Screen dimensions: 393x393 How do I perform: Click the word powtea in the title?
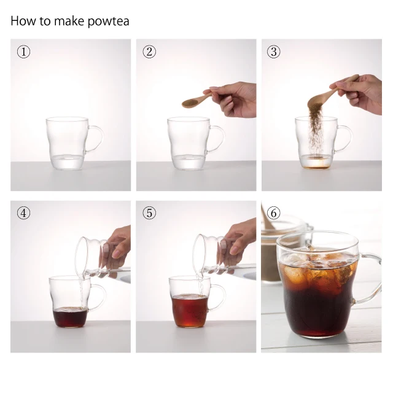tap(108, 21)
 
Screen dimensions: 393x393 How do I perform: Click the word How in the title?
tap(23, 21)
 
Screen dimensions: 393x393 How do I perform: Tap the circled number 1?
tap(23, 52)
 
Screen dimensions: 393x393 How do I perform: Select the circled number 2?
tap(149, 52)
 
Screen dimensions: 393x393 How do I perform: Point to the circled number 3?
tap(274, 52)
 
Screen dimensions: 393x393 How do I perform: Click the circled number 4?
tap(23, 213)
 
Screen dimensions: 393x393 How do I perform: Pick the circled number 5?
tap(149, 213)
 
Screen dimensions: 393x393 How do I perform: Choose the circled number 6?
tap(274, 213)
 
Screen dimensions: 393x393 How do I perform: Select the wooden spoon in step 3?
tap(331, 93)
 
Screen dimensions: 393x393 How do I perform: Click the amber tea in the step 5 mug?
tap(190, 311)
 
